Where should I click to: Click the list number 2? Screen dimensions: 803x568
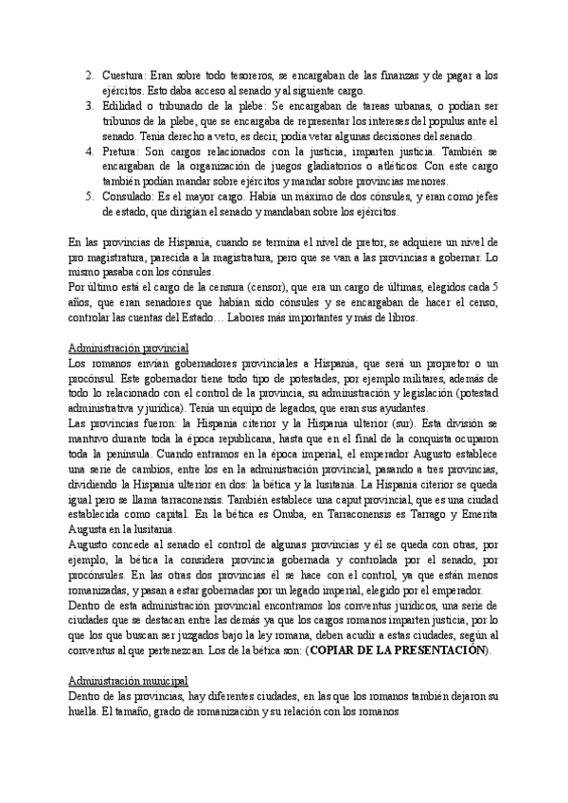[88, 74]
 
